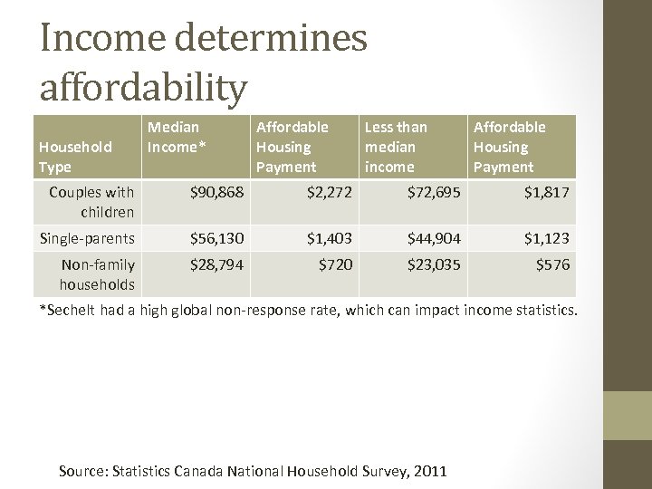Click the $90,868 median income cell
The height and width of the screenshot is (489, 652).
(x=216, y=192)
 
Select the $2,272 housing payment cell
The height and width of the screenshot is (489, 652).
(x=329, y=192)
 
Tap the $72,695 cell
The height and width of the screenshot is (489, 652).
(x=434, y=192)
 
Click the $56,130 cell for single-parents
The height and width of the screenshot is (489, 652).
(x=216, y=238)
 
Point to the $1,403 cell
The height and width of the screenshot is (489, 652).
(x=329, y=238)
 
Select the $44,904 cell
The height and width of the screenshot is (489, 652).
(x=434, y=238)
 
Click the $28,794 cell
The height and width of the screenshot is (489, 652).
(x=216, y=265)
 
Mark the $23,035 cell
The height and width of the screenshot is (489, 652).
(x=434, y=265)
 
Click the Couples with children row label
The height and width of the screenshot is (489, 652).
(x=91, y=202)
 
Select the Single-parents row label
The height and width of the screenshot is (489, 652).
(x=87, y=238)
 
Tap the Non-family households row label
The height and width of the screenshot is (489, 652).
(x=97, y=274)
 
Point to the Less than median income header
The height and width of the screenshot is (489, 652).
(x=395, y=147)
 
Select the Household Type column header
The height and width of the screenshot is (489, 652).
(x=75, y=157)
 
